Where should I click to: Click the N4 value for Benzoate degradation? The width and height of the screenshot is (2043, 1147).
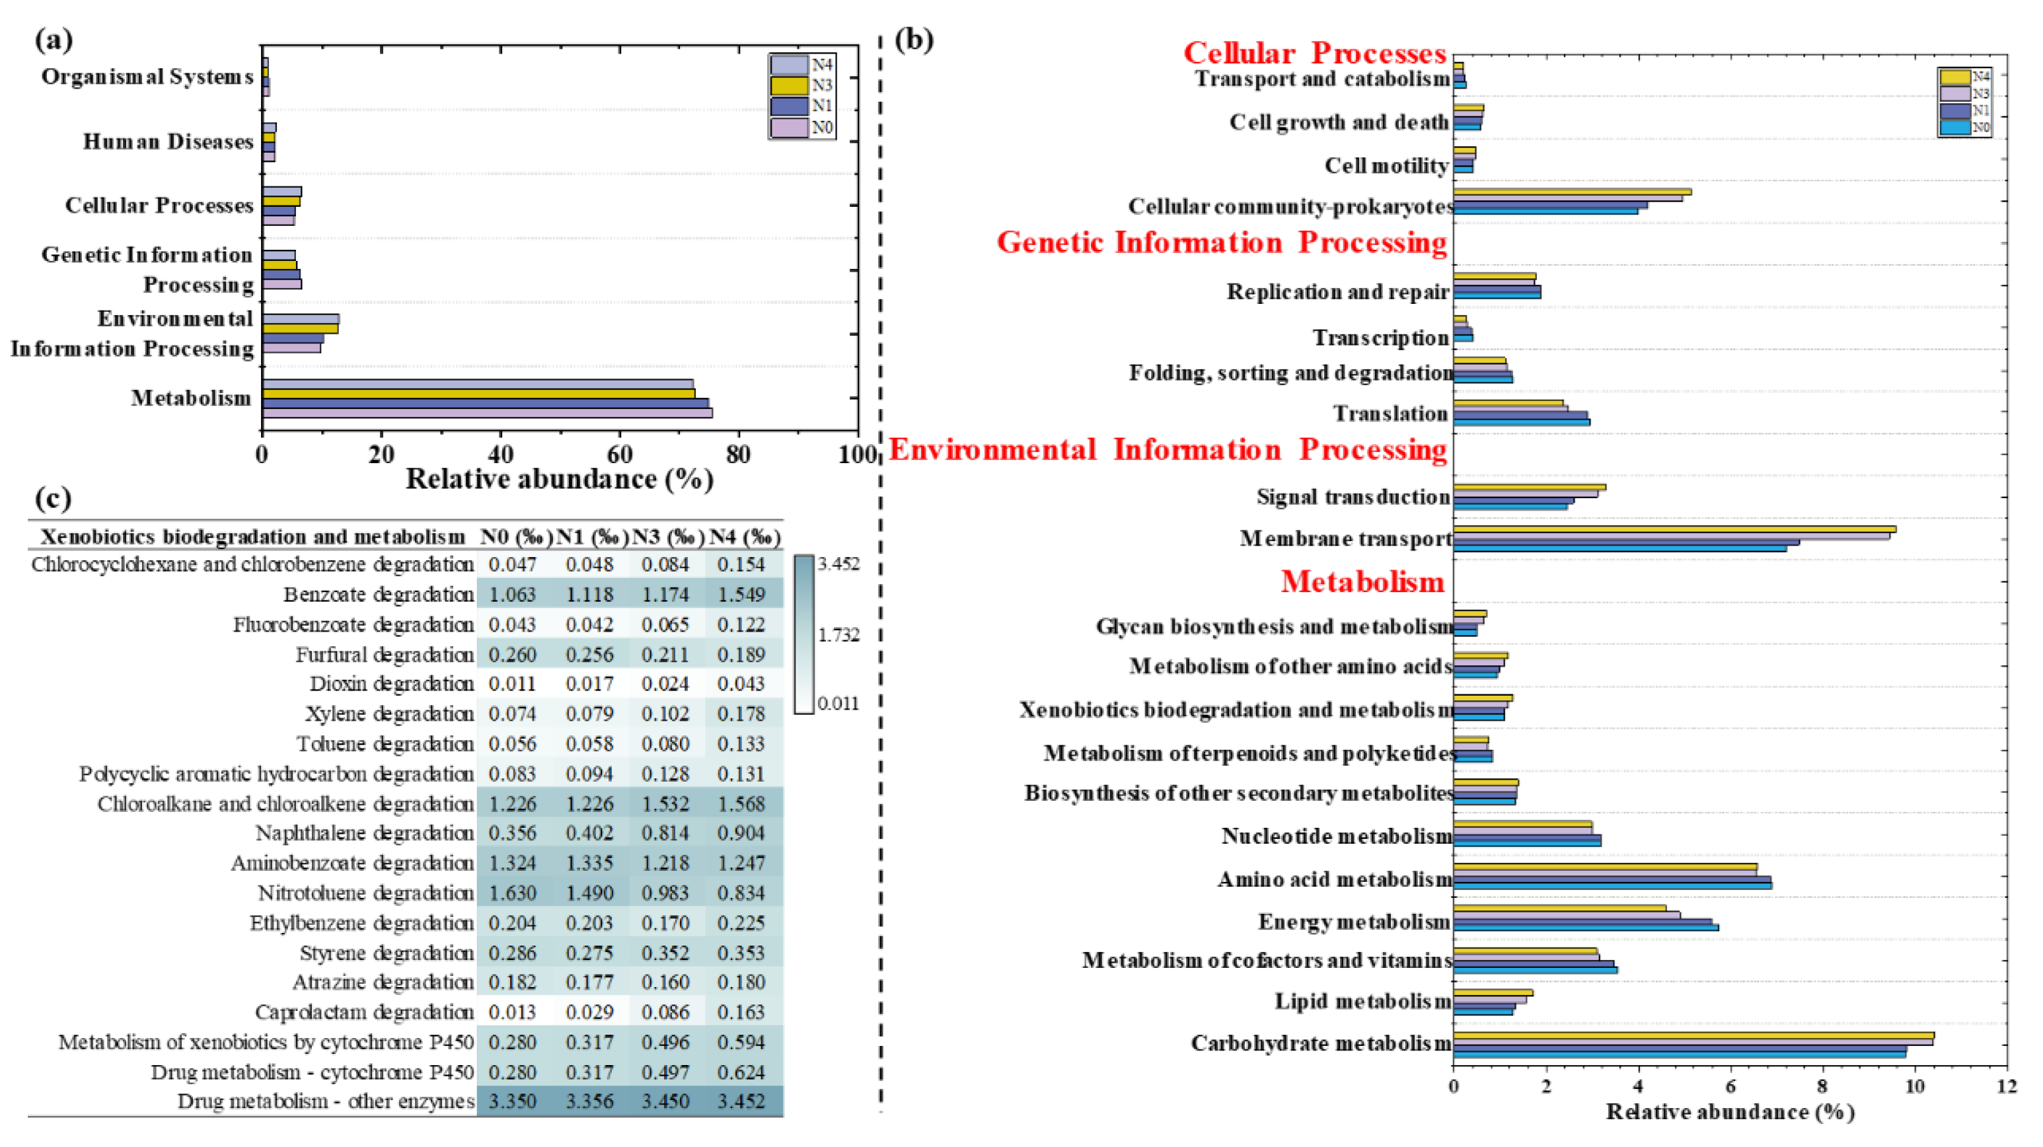(x=741, y=595)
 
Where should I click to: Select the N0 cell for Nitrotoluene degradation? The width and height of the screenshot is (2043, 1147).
(x=511, y=893)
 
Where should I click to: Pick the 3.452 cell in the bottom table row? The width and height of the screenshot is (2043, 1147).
(x=741, y=1102)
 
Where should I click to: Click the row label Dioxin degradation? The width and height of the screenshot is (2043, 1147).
(x=391, y=684)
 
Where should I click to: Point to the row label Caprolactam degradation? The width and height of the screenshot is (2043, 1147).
(x=364, y=1012)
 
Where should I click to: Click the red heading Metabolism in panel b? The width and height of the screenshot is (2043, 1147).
(x=1362, y=581)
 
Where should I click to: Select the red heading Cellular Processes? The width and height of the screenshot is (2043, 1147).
(x=1314, y=53)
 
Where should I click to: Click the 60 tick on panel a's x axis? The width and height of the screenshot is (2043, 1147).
(x=619, y=455)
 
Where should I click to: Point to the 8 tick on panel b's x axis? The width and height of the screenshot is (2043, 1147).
(x=1822, y=1085)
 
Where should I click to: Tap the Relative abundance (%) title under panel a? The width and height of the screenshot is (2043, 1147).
(x=559, y=479)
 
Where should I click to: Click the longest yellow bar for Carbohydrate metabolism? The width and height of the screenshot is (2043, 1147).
(x=1693, y=1035)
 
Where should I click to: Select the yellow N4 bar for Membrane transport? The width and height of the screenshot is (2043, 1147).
(x=1674, y=529)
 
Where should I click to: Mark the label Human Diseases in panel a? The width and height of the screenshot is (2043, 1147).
(x=168, y=142)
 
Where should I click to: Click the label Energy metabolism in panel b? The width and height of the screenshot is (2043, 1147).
(x=1354, y=922)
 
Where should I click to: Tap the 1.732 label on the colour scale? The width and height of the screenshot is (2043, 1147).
(x=838, y=634)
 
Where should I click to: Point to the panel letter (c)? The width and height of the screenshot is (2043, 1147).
(x=53, y=498)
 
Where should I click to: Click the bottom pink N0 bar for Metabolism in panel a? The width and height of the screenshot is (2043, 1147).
(x=487, y=412)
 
